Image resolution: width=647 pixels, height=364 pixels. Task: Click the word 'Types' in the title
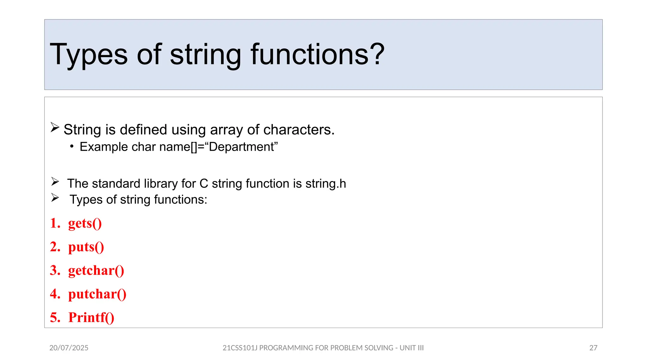pos(88,55)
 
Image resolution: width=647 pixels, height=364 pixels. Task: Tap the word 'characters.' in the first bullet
pos(299,130)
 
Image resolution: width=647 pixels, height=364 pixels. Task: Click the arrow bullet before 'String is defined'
pos(55,128)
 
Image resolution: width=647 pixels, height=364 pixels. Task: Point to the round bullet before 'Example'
pos(72,147)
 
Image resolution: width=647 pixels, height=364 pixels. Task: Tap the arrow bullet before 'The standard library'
pos(55,182)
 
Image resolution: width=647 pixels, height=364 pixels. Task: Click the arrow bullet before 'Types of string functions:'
pos(55,198)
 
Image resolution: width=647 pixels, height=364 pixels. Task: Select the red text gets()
pos(85,223)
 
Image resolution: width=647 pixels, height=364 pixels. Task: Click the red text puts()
pos(86,247)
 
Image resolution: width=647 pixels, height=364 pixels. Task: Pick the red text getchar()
pos(96,271)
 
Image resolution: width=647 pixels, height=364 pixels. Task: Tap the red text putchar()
pos(97,294)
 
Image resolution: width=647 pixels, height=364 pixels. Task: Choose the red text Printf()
pos(91,318)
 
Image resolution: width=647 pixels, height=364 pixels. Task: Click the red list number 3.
pos(55,271)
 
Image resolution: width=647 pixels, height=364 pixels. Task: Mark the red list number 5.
pos(55,318)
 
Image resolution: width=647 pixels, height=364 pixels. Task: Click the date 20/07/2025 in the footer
pos(69,348)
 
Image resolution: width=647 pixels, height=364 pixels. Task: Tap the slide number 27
pos(593,348)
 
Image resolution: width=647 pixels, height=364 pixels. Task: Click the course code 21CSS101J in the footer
pos(240,348)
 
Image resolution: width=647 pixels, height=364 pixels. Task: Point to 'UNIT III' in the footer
pos(411,348)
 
